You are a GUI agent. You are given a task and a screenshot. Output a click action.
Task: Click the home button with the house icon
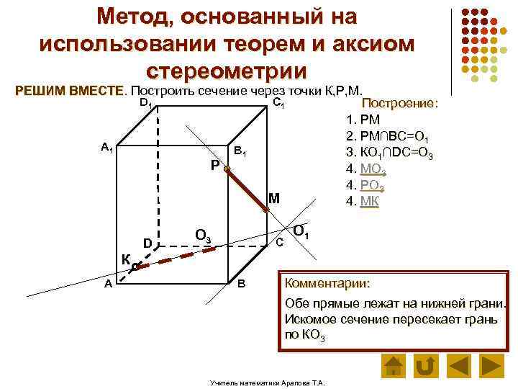click(x=392, y=365)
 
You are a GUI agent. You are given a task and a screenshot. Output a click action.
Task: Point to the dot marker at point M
click(x=265, y=209)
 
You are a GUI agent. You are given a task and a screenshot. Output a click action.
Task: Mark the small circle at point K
click(x=135, y=267)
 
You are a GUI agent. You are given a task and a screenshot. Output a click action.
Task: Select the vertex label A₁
click(x=106, y=148)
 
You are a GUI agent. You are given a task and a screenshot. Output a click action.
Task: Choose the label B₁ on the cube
click(x=241, y=153)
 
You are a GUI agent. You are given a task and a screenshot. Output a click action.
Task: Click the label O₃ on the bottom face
click(x=203, y=235)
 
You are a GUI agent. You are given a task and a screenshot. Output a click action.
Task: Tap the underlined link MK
click(x=368, y=200)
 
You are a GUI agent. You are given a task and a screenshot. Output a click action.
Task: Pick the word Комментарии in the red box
click(x=327, y=283)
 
